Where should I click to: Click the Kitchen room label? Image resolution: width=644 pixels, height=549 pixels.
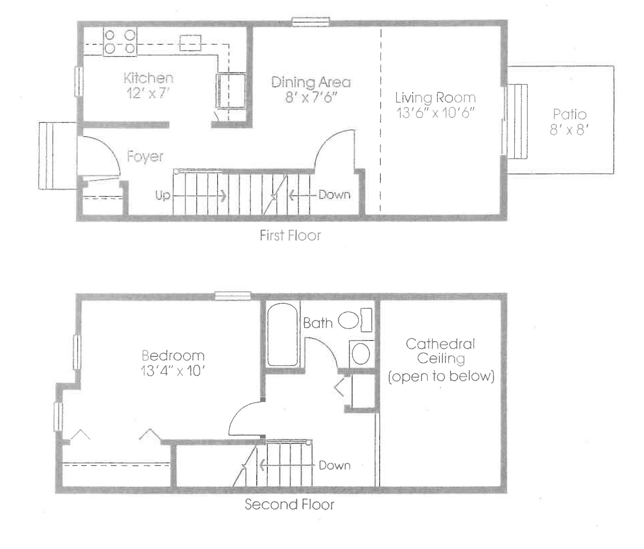point(148,78)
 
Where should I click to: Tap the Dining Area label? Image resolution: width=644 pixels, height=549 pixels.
point(311,82)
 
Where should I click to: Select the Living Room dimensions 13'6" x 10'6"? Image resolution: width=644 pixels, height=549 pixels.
point(435,113)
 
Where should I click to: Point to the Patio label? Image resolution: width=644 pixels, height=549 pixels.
point(570,114)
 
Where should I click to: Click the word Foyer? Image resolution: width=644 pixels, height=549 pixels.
point(145,157)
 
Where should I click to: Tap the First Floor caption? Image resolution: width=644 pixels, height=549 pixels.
point(291,235)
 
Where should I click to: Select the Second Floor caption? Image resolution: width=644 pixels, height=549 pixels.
point(289,505)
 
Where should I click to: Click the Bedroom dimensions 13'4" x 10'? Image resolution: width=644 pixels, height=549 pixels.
point(173,371)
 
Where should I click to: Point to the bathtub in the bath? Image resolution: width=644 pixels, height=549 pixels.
point(282,334)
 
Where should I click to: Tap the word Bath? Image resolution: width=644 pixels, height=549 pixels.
point(318,323)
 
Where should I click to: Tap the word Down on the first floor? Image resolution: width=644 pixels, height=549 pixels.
point(335,195)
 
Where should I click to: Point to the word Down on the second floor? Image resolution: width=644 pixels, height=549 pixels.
point(335,466)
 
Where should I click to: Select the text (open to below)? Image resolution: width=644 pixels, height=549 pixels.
point(441,376)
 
